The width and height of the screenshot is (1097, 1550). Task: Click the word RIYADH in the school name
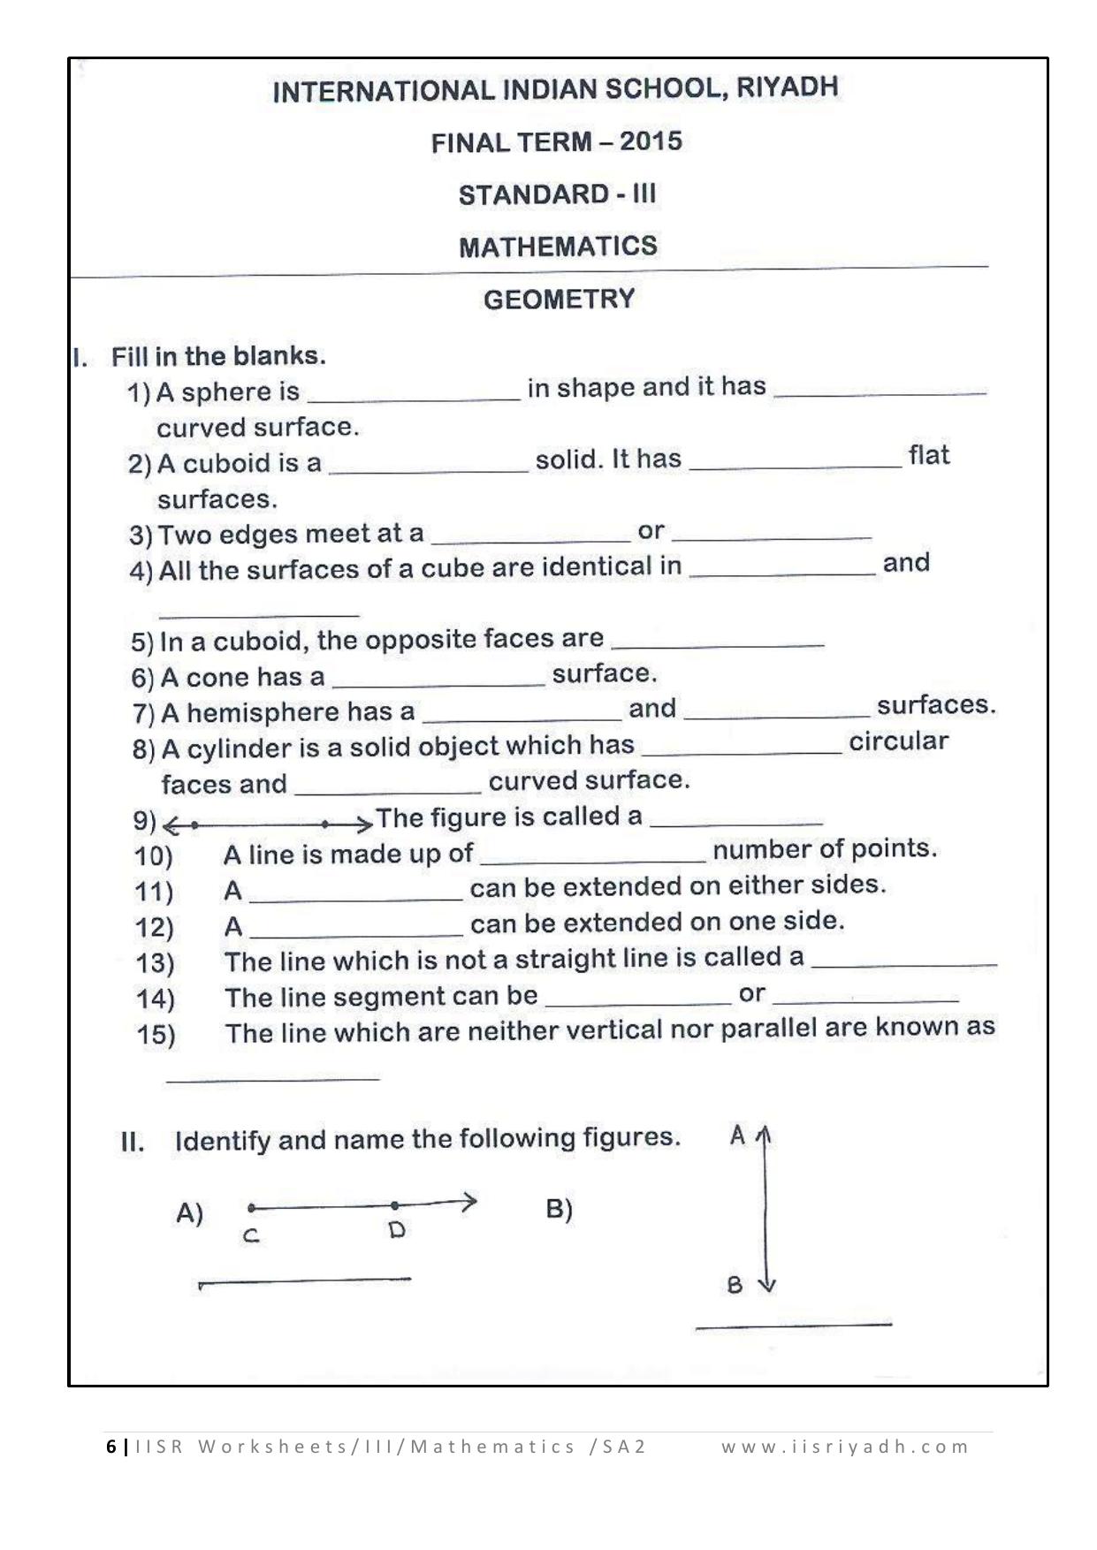[x=787, y=87]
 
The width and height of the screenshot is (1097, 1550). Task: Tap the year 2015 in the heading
[x=651, y=141]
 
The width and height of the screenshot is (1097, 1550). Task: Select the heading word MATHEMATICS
[x=558, y=247]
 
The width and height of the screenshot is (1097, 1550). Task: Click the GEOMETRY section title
[x=559, y=300]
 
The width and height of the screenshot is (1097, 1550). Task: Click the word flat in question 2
[x=928, y=456]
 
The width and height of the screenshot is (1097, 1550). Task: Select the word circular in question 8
[x=898, y=741]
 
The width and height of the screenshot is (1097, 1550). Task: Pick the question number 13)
[x=156, y=962]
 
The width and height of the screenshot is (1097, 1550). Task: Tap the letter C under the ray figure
[x=251, y=1236]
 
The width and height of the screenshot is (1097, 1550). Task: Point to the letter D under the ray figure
[x=396, y=1230]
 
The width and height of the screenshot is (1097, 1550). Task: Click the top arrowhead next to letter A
[x=766, y=1134]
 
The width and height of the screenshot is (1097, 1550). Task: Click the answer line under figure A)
[x=305, y=1280]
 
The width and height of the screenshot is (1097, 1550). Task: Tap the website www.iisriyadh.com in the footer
[x=845, y=1447]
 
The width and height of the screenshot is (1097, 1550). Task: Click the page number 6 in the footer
[x=111, y=1447]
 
